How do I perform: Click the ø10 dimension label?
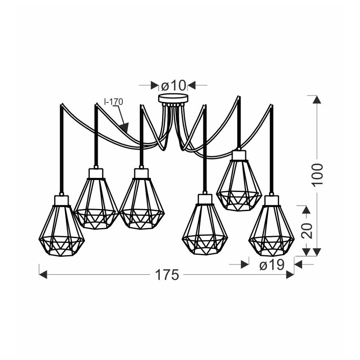pos(173,85)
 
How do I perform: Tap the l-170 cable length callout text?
pos(114,102)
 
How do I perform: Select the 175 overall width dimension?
pos(167,275)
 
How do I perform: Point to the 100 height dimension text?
pos(317,174)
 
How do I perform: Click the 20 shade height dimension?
pos(307,230)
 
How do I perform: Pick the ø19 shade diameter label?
pos(272,265)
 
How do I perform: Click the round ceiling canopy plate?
pos(173,98)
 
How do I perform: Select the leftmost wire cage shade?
pos(61,230)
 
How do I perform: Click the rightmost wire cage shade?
pos(271,230)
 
